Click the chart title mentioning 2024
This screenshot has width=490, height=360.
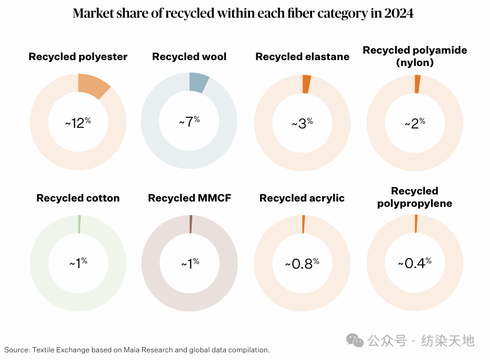tap(243, 13)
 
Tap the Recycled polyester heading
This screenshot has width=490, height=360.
tap(78, 57)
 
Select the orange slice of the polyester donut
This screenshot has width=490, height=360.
tap(93, 85)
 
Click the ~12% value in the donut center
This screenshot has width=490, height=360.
tap(78, 123)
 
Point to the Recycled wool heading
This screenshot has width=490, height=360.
tap(189, 57)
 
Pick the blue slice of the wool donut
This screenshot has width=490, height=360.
tap(199, 82)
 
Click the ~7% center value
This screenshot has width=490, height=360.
tap(189, 122)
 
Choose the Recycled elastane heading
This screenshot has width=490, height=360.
tap(302, 57)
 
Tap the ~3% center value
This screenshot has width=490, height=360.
tap(302, 123)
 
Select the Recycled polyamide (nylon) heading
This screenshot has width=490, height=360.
tap(415, 56)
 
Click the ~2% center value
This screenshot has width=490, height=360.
tap(415, 123)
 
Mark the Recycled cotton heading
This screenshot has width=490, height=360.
tap(78, 198)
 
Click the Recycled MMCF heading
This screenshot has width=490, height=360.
tap(189, 198)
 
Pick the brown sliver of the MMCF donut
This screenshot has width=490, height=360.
tap(190, 224)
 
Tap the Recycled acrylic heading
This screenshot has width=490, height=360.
tap(302, 198)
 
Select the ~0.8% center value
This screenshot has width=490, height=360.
tap(302, 263)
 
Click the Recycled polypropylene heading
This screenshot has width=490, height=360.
tap(415, 197)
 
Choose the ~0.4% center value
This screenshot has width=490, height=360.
tap(415, 263)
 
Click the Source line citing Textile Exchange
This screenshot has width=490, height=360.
tap(135, 349)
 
